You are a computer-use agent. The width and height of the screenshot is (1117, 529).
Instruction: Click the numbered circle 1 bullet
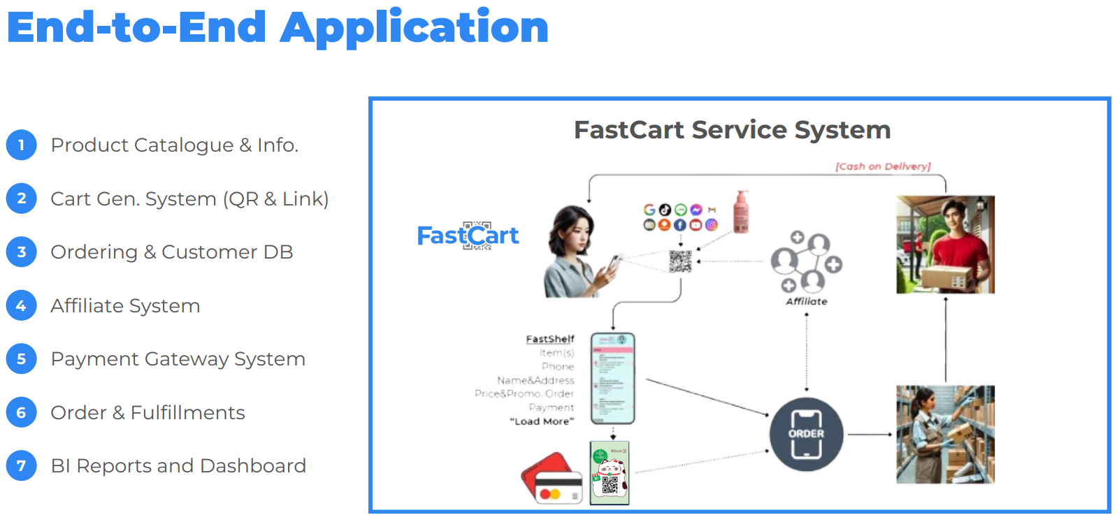[x=22, y=145]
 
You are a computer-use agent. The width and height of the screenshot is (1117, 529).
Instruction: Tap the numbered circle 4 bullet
[x=22, y=305]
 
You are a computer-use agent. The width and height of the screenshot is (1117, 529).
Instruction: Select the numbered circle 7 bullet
[x=22, y=465]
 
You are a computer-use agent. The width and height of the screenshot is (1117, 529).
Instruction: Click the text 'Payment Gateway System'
[x=178, y=359]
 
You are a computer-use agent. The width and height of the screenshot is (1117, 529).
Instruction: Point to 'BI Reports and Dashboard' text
[x=178, y=466]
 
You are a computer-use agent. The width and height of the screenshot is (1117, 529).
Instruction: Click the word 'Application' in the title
[x=414, y=28]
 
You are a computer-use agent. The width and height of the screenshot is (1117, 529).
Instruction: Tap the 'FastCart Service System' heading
[x=732, y=130]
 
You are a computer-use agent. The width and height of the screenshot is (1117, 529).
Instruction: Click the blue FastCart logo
[x=468, y=236]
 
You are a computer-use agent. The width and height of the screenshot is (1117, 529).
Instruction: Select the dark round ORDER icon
[x=806, y=434]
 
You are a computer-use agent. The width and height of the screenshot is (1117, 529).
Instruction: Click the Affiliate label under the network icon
[x=807, y=301]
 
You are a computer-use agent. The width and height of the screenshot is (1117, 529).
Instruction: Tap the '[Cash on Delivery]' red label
[x=883, y=166]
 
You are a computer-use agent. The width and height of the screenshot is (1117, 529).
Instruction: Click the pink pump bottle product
[x=741, y=212]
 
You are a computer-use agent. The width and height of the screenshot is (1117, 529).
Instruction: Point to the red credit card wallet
[x=552, y=479]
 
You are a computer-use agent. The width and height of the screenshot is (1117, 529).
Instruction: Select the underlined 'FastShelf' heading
[x=550, y=339]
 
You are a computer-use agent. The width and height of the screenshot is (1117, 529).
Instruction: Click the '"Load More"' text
[x=542, y=421]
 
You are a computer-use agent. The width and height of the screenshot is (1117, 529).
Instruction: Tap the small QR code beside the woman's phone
[x=680, y=261]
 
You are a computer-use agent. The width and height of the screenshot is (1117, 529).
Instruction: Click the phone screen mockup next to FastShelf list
[x=612, y=378]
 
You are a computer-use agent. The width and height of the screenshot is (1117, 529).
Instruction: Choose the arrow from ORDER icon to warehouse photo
[x=870, y=435]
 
